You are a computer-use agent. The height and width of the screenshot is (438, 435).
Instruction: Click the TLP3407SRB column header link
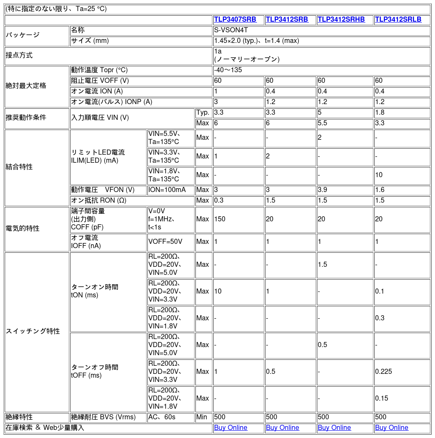[235, 20]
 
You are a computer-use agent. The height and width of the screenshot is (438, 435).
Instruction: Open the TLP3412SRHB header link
[341, 20]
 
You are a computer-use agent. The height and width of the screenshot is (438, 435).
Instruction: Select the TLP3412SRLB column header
[398, 20]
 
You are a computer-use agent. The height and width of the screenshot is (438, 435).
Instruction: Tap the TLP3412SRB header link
[287, 20]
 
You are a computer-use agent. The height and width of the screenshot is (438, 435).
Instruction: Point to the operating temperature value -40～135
[228, 70]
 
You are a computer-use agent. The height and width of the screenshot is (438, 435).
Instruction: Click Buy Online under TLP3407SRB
[231, 427]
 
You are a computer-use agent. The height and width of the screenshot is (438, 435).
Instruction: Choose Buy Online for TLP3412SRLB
[392, 427]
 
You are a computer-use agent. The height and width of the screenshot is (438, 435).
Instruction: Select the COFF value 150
[220, 219]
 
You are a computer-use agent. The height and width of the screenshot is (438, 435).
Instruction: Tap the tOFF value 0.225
[384, 372]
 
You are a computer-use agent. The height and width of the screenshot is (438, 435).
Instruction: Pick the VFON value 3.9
[322, 190]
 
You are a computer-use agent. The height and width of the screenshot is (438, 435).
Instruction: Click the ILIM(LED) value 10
[379, 175]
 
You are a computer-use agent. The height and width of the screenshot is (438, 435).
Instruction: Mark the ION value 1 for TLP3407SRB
[216, 91]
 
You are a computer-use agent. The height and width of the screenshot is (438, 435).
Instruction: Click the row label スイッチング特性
[33, 331]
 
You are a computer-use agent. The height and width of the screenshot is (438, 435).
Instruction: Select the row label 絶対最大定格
[26, 86]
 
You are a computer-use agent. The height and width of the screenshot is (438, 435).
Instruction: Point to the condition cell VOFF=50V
[165, 242]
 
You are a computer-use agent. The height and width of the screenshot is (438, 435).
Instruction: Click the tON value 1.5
[322, 265]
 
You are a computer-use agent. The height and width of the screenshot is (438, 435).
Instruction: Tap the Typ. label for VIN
[203, 113]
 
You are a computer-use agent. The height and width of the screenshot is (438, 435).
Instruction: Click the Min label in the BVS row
[202, 417]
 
